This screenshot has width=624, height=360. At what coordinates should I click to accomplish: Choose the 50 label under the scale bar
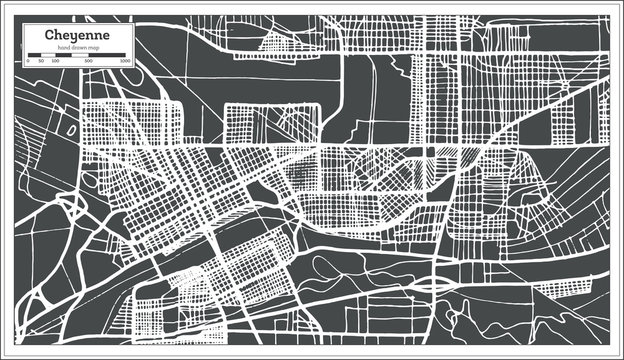(x=41, y=62)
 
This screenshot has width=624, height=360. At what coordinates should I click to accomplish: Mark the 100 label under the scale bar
(x=55, y=62)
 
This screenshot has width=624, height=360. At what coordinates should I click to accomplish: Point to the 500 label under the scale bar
(x=89, y=62)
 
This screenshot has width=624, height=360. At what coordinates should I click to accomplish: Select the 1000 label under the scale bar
(x=125, y=62)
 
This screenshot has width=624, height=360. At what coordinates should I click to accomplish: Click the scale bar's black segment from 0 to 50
(x=35, y=56)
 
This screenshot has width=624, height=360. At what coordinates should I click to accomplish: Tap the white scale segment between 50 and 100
(x=47, y=56)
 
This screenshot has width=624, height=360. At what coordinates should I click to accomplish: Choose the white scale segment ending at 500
(x=79, y=56)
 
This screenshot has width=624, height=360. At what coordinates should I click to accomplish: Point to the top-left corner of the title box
(x=23, y=23)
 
